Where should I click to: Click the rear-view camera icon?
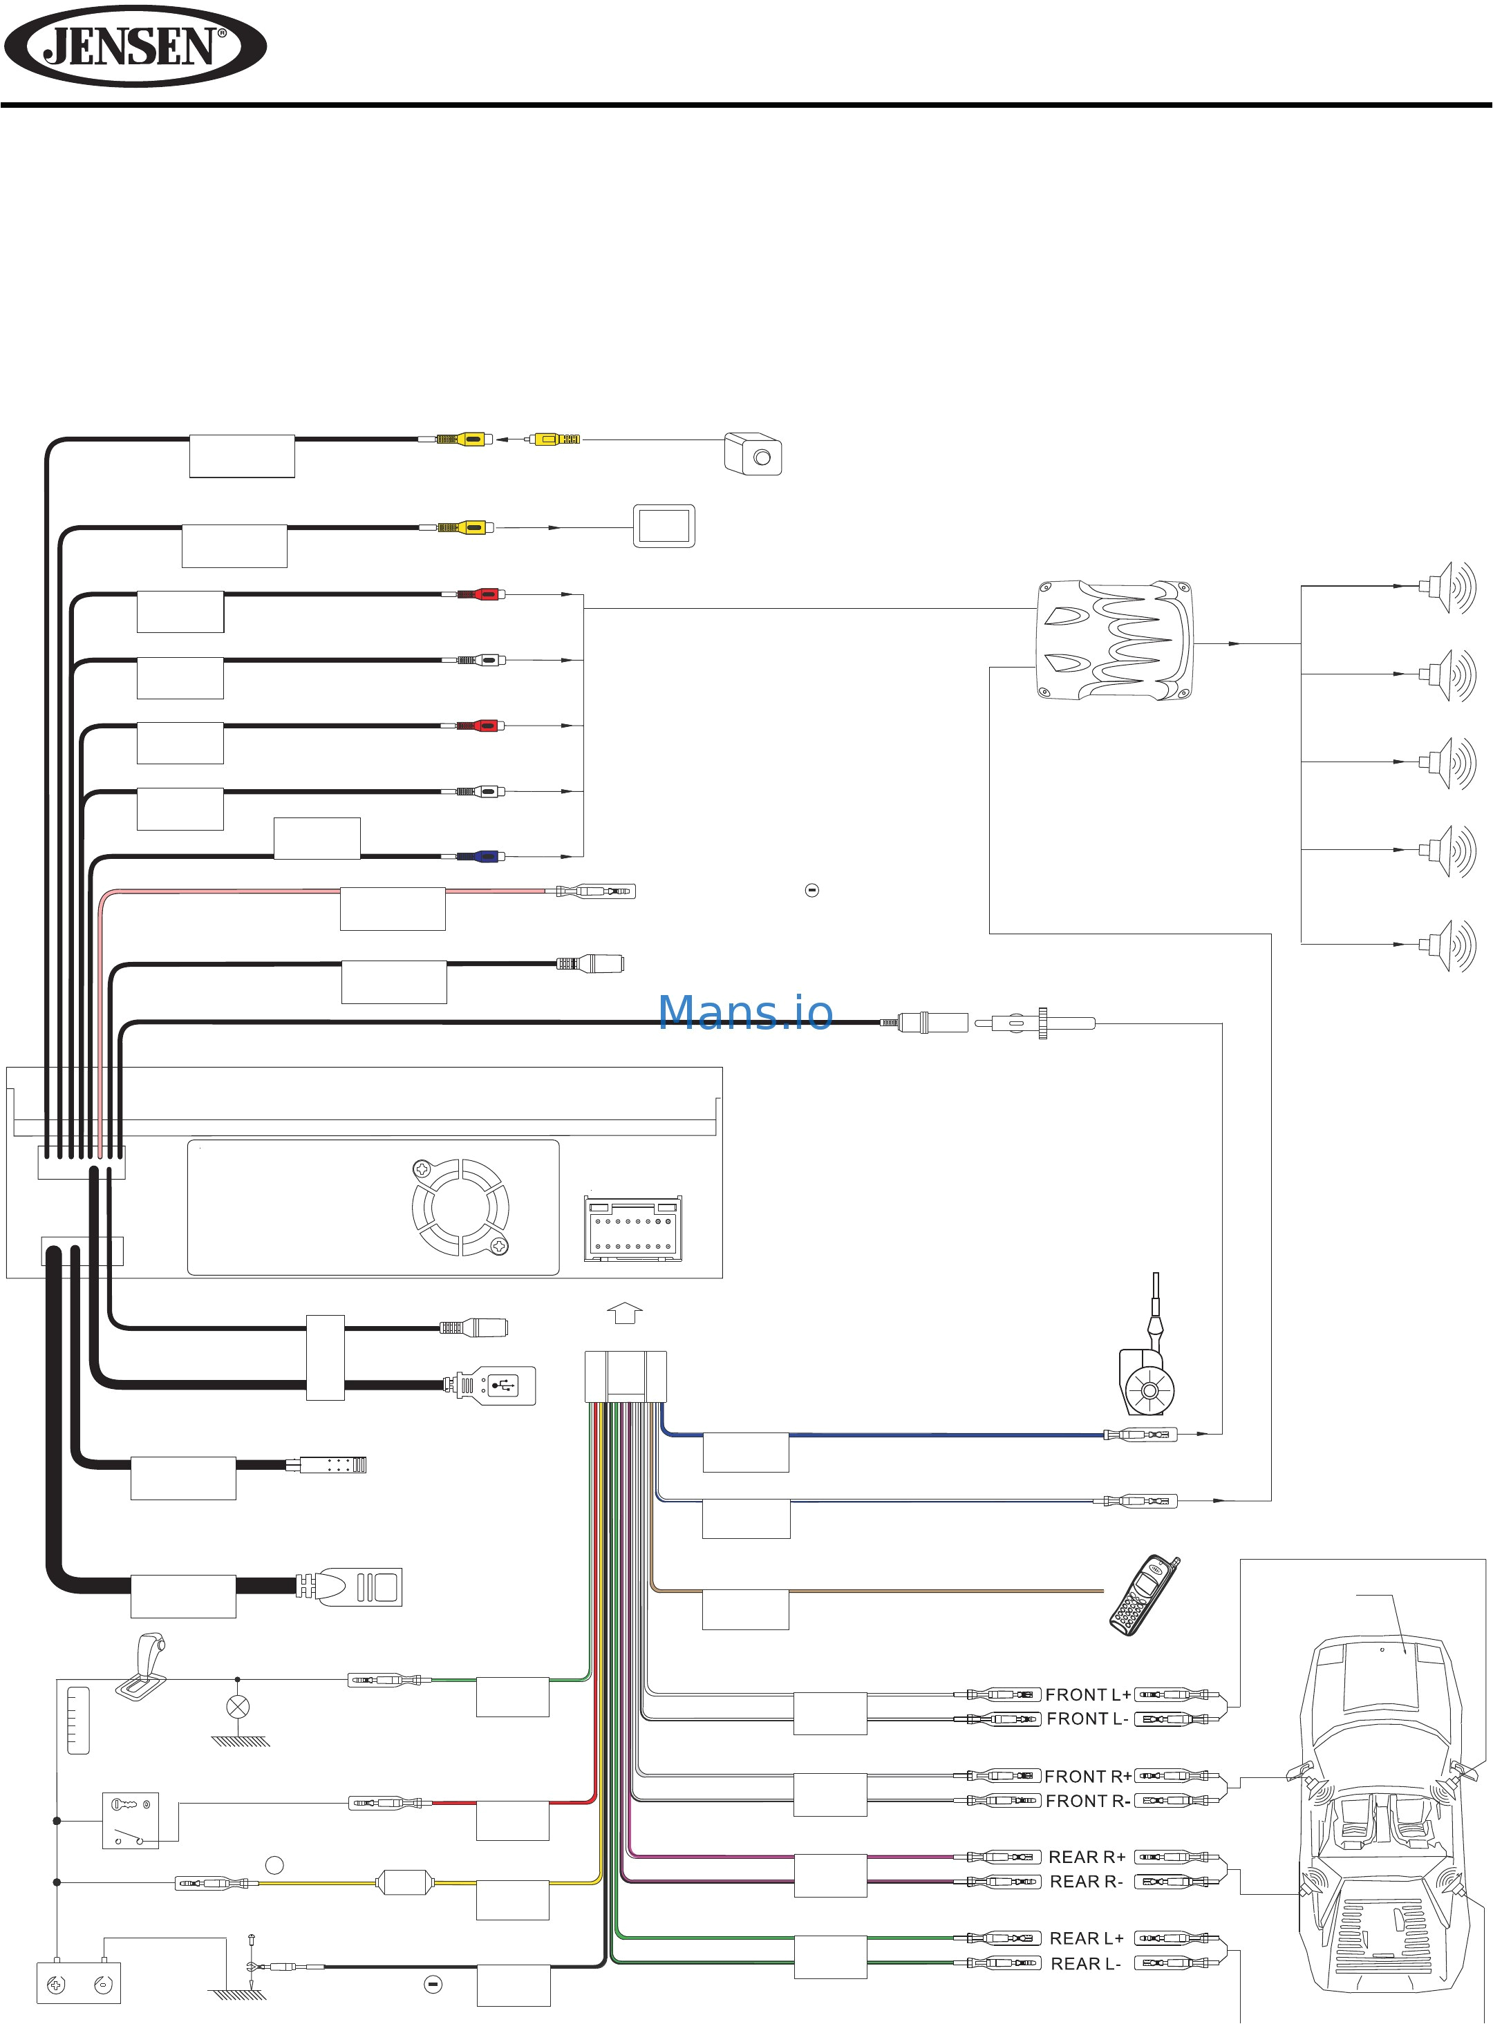coord(753,453)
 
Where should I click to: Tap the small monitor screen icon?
coord(664,526)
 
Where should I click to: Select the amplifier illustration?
coord(1114,641)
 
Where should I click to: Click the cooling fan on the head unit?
coord(460,1207)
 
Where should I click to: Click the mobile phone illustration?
coord(1144,1595)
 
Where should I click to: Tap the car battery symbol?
coord(79,1984)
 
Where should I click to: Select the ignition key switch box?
coord(130,1819)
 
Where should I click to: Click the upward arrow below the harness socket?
coord(624,1313)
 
